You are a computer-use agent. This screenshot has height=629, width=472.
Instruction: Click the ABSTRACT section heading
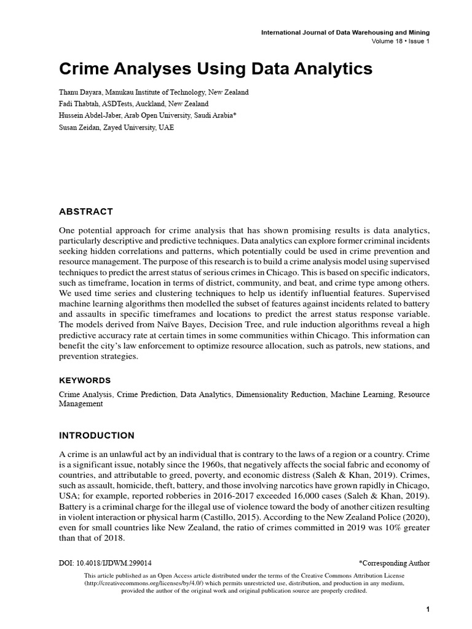[85, 212]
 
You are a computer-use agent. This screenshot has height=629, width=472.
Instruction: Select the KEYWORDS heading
[85, 380]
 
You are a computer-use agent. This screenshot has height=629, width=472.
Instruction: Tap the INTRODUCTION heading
[96, 436]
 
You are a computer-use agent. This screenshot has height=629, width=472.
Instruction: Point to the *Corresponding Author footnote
[394, 562]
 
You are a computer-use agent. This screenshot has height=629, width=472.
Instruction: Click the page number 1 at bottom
[427, 609]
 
